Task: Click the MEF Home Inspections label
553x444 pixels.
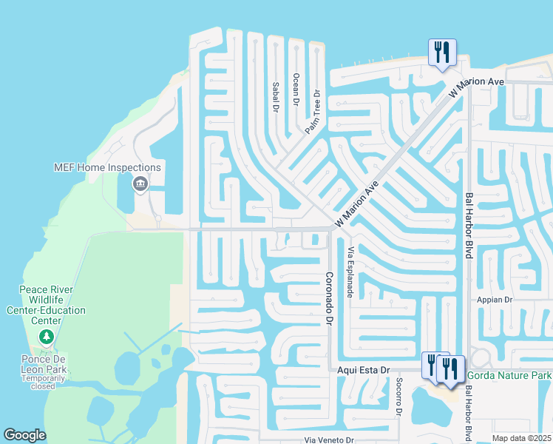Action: (x=107, y=168)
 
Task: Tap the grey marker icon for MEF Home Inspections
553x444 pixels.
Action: (x=140, y=184)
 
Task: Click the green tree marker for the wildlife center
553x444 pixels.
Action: (x=47, y=337)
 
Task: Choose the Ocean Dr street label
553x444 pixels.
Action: (x=296, y=89)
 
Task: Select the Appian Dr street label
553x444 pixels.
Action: (x=495, y=300)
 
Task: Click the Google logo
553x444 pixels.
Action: (x=25, y=435)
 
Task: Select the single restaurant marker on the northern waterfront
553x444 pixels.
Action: (x=442, y=53)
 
